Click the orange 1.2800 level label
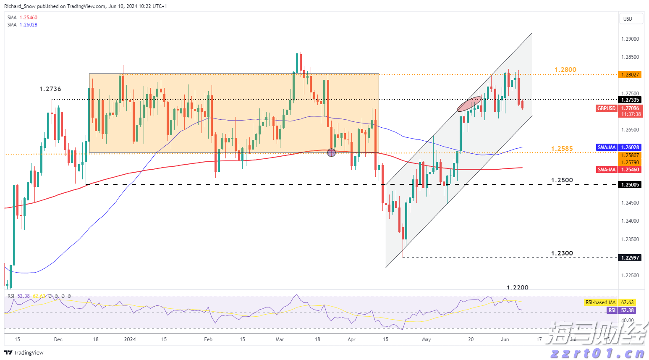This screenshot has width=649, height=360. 565,70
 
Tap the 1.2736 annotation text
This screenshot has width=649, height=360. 50,89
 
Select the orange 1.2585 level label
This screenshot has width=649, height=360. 562,149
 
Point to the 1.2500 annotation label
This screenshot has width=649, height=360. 562,180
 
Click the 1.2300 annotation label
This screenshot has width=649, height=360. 562,253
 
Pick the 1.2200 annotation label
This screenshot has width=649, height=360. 518,288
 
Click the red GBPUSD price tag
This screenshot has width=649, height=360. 606,108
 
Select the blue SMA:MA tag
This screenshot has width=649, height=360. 607,147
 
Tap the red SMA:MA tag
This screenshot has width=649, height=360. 607,170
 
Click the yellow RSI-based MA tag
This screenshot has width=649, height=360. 600,302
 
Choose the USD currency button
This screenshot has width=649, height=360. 628,19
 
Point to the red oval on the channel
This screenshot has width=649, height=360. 469,104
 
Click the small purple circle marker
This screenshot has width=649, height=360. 331,153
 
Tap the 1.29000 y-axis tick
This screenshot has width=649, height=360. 630,39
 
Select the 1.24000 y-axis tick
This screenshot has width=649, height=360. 630,221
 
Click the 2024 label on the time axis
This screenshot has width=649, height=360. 130,339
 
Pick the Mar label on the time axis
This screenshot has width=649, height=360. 280,339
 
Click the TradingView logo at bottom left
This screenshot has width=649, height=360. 24,353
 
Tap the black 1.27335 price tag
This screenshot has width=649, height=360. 630,100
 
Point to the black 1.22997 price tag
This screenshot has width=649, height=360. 630,258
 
